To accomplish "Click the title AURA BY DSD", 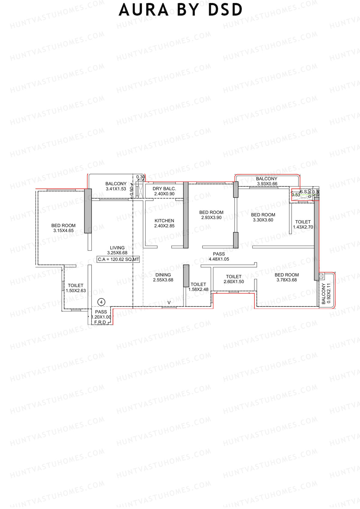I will pyautogui.click(x=180, y=10).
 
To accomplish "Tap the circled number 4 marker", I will pyautogui.click(x=101, y=302).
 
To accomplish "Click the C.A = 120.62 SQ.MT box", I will pyautogui.click(x=118, y=259).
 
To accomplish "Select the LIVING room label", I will pyautogui.click(x=117, y=248).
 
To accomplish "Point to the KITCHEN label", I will pyautogui.click(x=164, y=220).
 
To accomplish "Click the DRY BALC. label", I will pyautogui.click(x=164, y=189).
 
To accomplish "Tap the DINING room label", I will pyautogui.click(x=163, y=275).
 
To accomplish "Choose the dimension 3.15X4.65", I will pyautogui.click(x=63, y=231).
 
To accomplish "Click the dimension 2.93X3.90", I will pyautogui.click(x=211, y=217).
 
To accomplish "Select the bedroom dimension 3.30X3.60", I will pyautogui.click(x=263, y=220).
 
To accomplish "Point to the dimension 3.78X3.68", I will pyautogui.click(x=286, y=280).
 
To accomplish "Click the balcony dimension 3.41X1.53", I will pyautogui.click(x=116, y=189).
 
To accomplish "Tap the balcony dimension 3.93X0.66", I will pyautogui.click(x=267, y=184).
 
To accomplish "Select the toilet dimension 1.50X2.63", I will pyautogui.click(x=76, y=291).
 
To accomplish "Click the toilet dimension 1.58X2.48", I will pyautogui.click(x=198, y=289).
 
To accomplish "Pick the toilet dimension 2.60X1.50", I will pyautogui.click(x=234, y=282).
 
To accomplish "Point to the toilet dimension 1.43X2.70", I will pyautogui.click(x=303, y=227).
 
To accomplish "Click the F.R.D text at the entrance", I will pyautogui.click(x=100, y=322).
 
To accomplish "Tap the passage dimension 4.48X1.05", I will pyautogui.click(x=219, y=259).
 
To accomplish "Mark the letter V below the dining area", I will pyautogui.click(x=169, y=303).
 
